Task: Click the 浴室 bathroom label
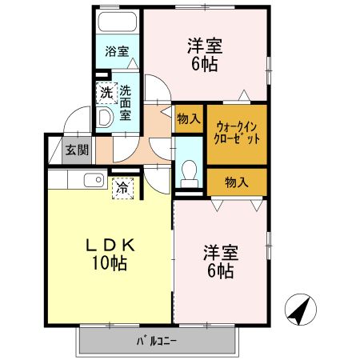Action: click(x=118, y=52)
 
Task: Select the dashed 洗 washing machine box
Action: click(x=106, y=92)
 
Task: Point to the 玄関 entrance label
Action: click(x=77, y=149)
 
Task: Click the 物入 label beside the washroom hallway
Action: click(x=188, y=119)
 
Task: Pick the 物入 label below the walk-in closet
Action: click(x=236, y=182)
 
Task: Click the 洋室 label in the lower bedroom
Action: click(x=218, y=251)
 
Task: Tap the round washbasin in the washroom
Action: click(x=105, y=118)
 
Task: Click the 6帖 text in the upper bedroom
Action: click(x=203, y=66)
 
